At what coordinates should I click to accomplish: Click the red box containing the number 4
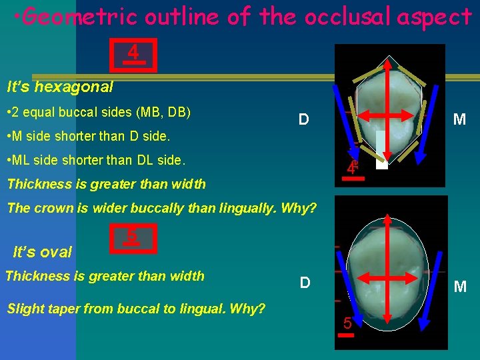coord(133,54)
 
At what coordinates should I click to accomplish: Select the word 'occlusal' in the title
coord(347,17)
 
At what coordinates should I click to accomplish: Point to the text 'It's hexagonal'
coord(59,87)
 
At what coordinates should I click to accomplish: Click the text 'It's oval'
coord(43,252)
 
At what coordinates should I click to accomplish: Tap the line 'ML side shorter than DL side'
coord(97,161)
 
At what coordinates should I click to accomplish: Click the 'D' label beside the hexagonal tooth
coord(303,120)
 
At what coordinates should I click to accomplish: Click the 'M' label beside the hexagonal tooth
coord(459,120)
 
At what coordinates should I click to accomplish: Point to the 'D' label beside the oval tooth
coord(305,283)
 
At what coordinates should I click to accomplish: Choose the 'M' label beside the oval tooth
coord(459,287)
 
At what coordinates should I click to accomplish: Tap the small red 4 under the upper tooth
coord(352,169)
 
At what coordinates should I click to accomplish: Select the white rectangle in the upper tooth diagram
coord(381,150)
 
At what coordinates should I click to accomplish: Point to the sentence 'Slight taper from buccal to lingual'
coord(135,309)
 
